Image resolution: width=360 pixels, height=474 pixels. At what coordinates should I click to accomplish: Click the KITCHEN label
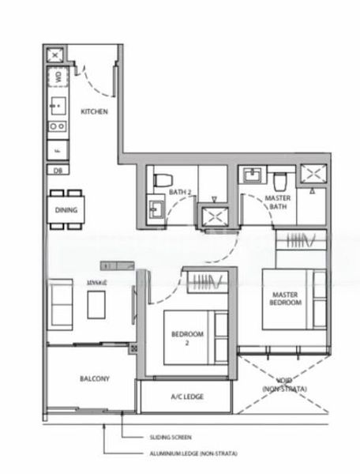click(94, 111)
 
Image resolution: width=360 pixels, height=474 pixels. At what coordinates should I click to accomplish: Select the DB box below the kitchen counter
click(58, 170)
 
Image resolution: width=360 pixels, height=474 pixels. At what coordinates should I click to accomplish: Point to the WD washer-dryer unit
click(58, 78)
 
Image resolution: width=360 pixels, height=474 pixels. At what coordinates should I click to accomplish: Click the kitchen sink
click(58, 103)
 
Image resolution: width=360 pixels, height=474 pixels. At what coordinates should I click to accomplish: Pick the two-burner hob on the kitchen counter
click(58, 126)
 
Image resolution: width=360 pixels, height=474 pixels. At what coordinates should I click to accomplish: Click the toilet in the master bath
click(281, 177)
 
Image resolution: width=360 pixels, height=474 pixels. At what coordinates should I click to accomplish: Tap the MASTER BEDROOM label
click(284, 299)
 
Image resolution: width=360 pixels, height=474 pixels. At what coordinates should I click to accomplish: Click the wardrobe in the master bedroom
click(301, 239)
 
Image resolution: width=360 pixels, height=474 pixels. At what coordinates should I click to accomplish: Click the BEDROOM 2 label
click(187, 339)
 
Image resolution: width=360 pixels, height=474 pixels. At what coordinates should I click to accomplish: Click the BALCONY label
click(94, 379)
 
